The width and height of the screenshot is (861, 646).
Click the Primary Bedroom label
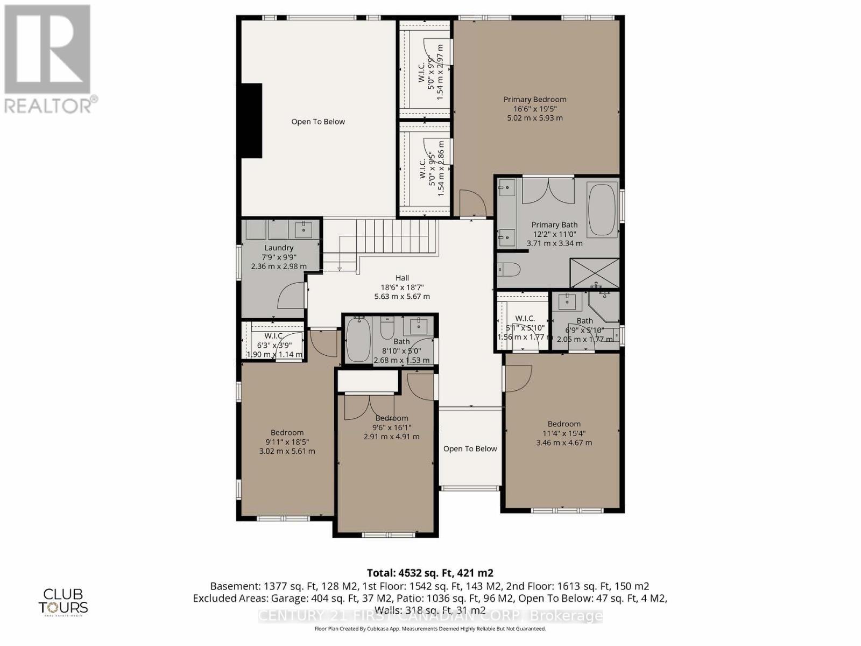click(534, 100)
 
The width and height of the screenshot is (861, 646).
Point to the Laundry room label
click(279, 248)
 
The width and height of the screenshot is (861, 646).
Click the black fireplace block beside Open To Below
click(251, 121)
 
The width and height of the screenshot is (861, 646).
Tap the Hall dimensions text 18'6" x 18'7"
click(402, 287)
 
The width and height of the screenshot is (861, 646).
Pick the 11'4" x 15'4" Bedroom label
click(563, 424)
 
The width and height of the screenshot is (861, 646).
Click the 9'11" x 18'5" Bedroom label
click(287, 432)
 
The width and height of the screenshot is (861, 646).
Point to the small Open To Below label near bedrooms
click(470, 448)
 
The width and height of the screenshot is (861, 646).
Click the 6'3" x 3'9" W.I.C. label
click(274, 336)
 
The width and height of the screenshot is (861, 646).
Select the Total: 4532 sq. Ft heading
click(430, 573)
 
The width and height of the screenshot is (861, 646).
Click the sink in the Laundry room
click(304, 229)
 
